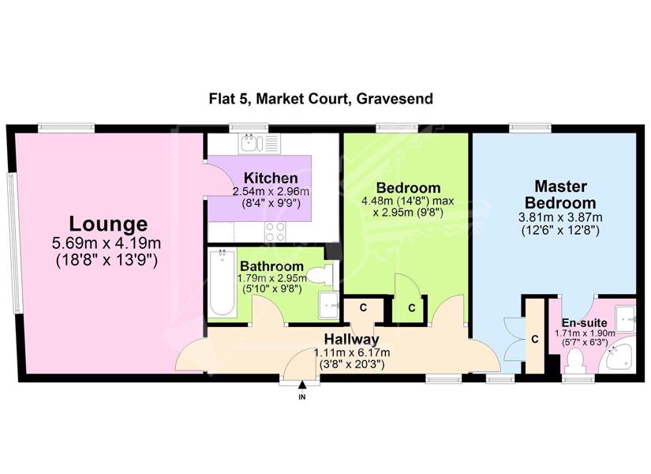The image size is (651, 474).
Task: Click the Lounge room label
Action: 108,224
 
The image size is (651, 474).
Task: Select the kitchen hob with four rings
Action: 275,232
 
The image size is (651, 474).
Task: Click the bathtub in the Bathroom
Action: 222,282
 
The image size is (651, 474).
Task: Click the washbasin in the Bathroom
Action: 330,305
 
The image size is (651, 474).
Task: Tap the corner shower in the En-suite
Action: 621,356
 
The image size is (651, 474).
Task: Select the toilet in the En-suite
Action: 575,361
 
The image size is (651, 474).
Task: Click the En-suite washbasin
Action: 625,318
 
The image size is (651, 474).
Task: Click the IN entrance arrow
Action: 302,386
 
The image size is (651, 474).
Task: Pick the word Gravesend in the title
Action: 395,99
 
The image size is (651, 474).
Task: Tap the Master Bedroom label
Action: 560,194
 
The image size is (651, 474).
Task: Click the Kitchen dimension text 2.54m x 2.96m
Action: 271,192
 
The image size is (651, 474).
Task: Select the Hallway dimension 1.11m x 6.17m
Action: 352,353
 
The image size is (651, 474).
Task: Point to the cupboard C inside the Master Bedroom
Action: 535,339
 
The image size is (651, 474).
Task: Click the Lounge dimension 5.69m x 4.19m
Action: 107,243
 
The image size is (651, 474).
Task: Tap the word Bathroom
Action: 272,266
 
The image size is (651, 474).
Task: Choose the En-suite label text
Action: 585,323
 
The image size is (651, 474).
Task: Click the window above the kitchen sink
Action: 249,128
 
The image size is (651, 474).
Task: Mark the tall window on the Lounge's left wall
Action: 13,243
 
